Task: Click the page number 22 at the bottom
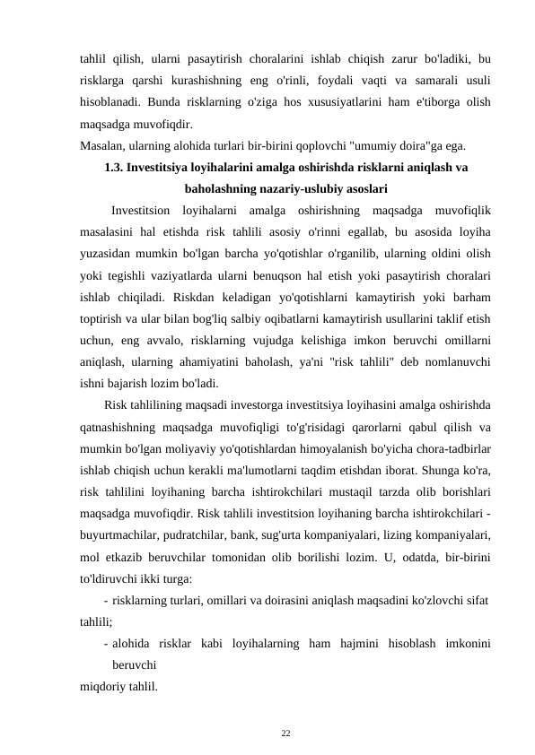(285, 733)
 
